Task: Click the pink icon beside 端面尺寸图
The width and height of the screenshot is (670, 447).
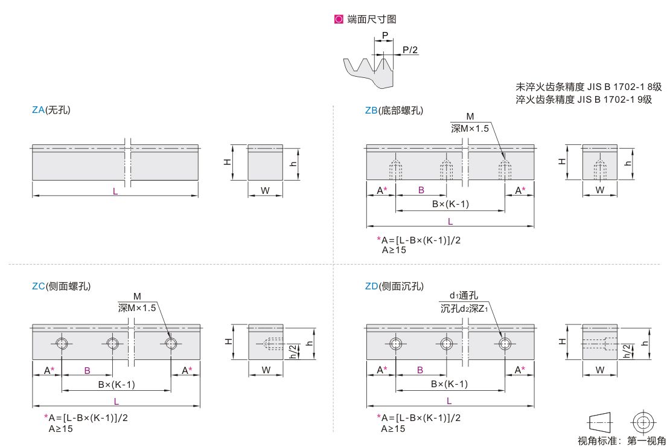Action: point(339,19)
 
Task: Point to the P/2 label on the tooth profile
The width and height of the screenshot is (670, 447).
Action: point(410,50)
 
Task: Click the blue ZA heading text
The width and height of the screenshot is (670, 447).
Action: point(38,110)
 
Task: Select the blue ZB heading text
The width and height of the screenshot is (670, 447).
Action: point(371,111)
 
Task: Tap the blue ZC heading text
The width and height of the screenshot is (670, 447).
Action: point(39,286)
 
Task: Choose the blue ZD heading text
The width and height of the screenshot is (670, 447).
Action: point(371,286)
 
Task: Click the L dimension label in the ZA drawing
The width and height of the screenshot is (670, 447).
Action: point(115,191)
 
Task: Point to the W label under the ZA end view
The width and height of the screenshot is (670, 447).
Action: point(266,191)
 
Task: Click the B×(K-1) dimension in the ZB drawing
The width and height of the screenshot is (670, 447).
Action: point(450,204)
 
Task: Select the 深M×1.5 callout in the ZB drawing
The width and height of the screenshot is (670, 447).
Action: point(470,128)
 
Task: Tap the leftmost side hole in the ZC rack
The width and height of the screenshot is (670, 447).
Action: point(62,344)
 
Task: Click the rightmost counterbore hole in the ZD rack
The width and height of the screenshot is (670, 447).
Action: point(505,344)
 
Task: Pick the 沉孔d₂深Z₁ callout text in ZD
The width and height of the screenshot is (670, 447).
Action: point(464,309)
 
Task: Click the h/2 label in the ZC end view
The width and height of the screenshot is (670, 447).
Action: point(293,352)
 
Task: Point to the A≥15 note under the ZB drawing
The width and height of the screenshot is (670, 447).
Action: point(394,250)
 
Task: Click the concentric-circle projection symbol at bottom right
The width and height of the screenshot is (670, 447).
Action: point(643,422)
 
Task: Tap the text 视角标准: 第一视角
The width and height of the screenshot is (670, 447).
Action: point(622,440)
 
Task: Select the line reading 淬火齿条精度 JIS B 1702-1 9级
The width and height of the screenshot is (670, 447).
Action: point(584,100)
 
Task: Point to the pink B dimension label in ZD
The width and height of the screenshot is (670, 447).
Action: point(420,370)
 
